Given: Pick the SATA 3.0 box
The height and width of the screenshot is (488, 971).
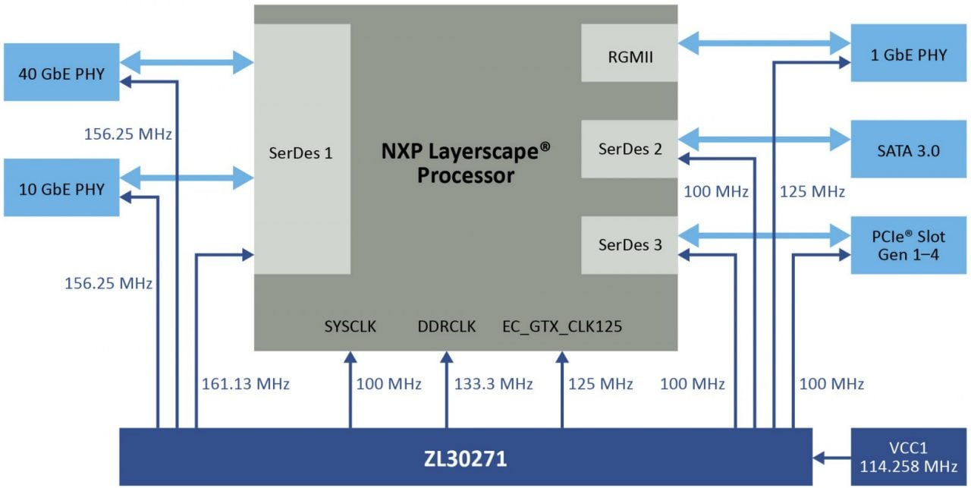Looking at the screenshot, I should coord(910,150).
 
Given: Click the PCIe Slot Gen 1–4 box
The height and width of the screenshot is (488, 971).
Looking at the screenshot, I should coord(910,245).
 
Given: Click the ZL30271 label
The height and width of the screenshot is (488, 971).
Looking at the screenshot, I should coord(465,458).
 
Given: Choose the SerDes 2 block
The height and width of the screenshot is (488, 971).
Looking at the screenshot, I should coord(629,149).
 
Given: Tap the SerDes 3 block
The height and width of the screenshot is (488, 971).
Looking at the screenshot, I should coord(629,245).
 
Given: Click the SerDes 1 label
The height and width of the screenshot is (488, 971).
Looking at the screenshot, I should coord(301,153).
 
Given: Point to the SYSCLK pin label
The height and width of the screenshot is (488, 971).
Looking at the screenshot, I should coord(350,327).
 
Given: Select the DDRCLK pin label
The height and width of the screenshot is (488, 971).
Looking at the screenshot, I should coord(447,327).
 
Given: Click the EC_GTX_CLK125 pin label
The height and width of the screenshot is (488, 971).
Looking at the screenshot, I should coord(562,327).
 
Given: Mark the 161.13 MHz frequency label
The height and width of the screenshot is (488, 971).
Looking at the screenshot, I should coord(245,384).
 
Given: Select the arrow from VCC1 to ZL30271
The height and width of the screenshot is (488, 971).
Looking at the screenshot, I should coord(831,458).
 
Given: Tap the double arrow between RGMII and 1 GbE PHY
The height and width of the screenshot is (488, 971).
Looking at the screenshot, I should coord(764,43).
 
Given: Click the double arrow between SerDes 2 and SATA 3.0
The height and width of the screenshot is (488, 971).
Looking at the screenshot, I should coord(764,139).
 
